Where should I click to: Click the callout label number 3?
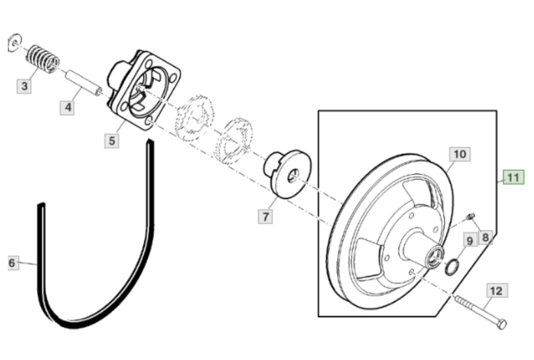(24, 86)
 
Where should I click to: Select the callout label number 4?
(67, 108)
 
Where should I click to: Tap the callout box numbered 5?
(112, 141)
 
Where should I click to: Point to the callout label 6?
(12, 263)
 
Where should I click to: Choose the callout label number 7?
(265, 217)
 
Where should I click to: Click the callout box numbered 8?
(486, 237)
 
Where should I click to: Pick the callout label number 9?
(470, 241)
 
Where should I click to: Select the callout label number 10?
(460, 155)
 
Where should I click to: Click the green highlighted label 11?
(514, 177)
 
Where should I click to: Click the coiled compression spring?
(43, 59)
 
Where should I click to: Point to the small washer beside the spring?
(14, 42)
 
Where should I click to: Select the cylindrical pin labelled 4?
(83, 83)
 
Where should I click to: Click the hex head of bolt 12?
(502, 323)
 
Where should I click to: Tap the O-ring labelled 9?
(452, 267)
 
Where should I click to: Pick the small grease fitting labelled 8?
(471, 216)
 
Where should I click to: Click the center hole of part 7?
(293, 175)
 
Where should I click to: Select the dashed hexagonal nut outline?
(194, 117)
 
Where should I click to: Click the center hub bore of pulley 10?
(436, 256)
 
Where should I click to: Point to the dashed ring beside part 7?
(234, 140)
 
